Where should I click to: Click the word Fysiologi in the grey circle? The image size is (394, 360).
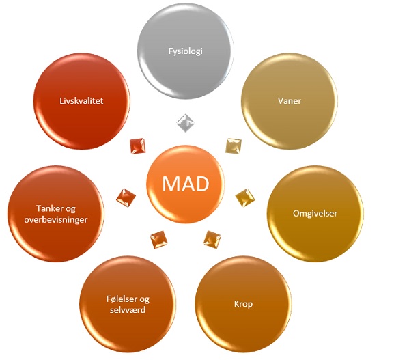click(x=186, y=51)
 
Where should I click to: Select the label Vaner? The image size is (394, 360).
click(x=290, y=101)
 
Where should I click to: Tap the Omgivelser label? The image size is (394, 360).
click(x=315, y=213)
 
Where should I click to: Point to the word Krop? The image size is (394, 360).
click(x=243, y=304)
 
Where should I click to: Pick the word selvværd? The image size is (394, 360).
click(x=128, y=309)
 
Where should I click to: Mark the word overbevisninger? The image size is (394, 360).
click(x=56, y=220)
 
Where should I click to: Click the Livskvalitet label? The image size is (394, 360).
click(x=81, y=101)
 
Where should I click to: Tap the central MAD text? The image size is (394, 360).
click(x=186, y=184)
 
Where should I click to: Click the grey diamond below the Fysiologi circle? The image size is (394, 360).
click(x=186, y=123)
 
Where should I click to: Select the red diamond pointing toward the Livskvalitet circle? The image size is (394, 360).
click(x=138, y=146)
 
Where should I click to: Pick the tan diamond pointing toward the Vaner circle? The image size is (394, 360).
click(x=234, y=146)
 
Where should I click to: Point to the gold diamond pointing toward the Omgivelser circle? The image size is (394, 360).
click(x=245, y=198)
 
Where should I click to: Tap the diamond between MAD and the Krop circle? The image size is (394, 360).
click(x=212, y=239)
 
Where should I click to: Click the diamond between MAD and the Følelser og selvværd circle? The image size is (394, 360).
click(x=159, y=239)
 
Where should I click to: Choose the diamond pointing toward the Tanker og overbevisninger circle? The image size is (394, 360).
click(x=126, y=198)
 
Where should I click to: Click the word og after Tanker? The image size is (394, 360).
click(x=70, y=209)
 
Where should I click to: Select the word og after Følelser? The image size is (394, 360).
click(x=144, y=299)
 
